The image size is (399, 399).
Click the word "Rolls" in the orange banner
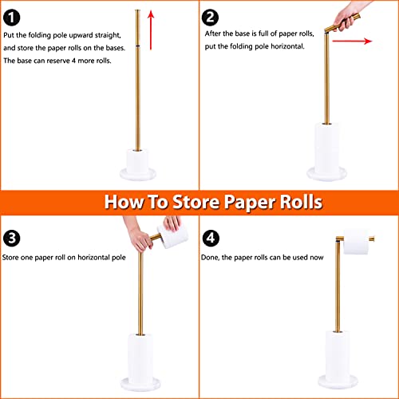click(293, 202)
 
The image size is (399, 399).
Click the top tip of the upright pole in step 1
click(137, 10)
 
